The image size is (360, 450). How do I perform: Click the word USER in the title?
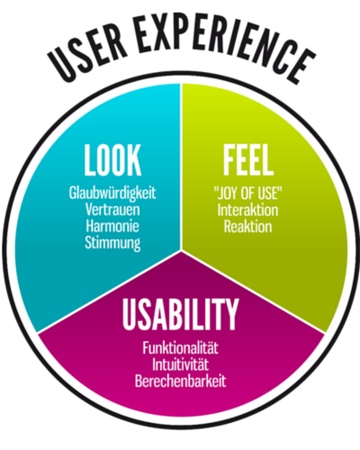[87, 54]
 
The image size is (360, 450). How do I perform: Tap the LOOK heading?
[112, 160]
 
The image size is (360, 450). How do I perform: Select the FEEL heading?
[248, 160]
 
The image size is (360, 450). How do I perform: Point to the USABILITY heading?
[180, 314]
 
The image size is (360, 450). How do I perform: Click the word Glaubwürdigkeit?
[112, 193]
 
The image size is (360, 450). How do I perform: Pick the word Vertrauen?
[112, 209]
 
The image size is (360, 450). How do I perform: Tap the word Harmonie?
[112, 226]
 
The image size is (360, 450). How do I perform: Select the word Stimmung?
[112, 243]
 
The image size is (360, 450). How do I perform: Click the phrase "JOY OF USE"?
[248, 193]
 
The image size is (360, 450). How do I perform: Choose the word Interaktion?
[247, 210]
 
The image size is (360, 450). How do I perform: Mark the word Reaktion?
[247, 227]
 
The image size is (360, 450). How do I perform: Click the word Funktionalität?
[180, 347]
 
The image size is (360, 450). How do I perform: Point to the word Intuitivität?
[180, 364]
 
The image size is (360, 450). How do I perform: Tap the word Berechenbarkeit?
[180, 381]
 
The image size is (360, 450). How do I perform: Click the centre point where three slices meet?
[181, 250]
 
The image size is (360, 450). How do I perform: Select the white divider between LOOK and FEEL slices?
[181, 166]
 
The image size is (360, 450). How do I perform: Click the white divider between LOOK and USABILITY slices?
[109, 292]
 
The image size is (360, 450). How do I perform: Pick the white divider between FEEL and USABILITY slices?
[254, 292]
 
